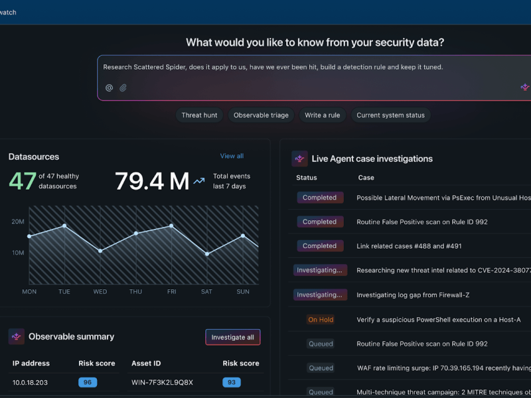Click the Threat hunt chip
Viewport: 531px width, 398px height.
point(199,115)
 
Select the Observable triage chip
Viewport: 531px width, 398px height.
point(261,115)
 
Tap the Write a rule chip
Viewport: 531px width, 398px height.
point(322,115)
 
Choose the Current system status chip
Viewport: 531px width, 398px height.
point(390,115)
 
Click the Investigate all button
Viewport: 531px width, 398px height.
point(232,337)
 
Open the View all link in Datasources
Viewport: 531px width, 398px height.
point(232,156)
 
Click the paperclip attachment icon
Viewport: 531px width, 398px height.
point(123,88)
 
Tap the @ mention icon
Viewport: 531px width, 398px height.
point(110,88)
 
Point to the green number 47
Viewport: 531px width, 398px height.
point(23,181)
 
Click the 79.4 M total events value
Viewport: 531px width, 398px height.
point(152,181)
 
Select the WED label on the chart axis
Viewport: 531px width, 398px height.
point(100,292)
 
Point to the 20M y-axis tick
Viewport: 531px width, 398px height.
point(18,222)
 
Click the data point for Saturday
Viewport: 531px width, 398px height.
point(207,254)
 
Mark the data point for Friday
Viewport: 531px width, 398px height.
point(171,226)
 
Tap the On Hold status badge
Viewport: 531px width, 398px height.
point(321,320)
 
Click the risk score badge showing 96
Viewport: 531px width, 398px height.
point(88,382)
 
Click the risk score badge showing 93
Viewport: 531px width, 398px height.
point(231,382)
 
